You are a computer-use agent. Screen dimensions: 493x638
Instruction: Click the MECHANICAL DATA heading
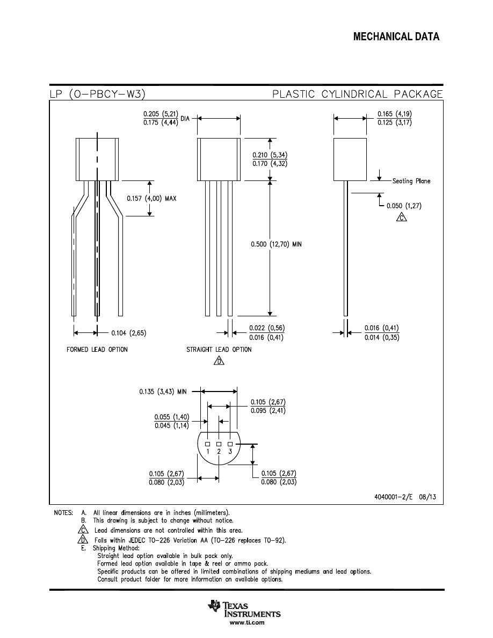[396, 37]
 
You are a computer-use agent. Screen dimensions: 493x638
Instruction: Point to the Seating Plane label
[411, 181]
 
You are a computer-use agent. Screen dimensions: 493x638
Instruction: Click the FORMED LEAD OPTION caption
[97, 350]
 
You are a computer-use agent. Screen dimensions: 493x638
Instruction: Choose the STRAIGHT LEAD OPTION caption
[219, 350]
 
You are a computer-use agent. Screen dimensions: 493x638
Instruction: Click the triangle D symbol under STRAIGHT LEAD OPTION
[219, 360]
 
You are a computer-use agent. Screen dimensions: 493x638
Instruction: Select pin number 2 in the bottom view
[219, 452]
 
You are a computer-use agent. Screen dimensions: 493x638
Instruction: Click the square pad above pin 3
[230, 444]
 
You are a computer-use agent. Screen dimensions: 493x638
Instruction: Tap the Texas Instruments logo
[244, 608]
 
